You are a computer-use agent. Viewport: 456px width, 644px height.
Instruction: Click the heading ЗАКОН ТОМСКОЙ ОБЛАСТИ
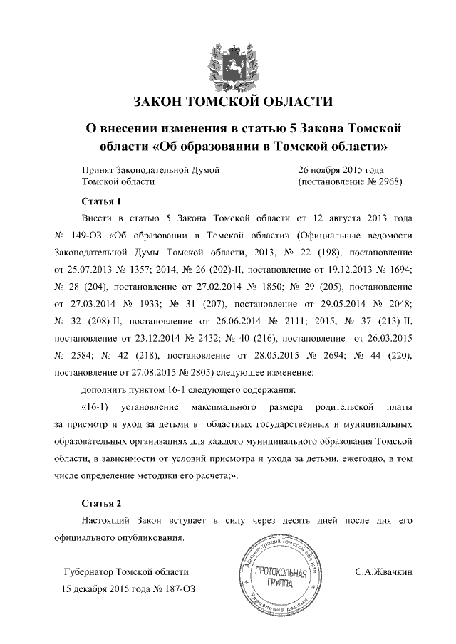click(x=228, y=102)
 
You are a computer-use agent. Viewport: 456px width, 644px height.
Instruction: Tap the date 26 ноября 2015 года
click(x=341, y=170)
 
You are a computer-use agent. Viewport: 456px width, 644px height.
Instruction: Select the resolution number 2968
click(x=388, y=181)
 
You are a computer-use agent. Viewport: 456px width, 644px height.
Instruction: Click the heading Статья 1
click(x=97, y=201)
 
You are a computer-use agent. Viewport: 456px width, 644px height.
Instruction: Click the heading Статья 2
click(x=97, y=503)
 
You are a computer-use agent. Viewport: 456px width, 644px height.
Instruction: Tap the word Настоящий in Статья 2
click(x=108, y=521)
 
